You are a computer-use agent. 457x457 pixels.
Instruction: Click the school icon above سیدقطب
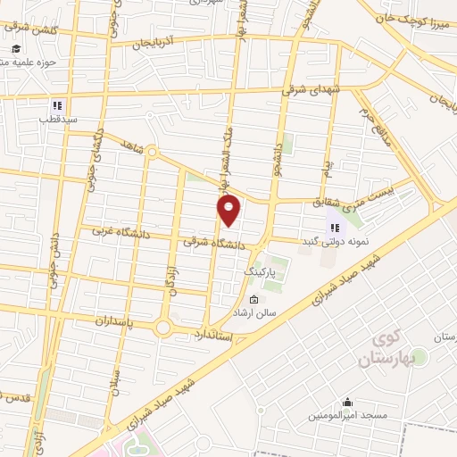pyautogui.click(x=57, y=104)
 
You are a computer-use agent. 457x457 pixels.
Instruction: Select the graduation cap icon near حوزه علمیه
pyautogui.click(x=17, y=49)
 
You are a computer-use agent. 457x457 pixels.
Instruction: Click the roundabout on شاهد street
pyautogui.click(x=152, y=153)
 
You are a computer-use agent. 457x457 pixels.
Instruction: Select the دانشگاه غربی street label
pyautogui.click(x=123, y=234)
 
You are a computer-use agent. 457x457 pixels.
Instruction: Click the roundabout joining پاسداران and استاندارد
pyautogui.click(x=162, y=328)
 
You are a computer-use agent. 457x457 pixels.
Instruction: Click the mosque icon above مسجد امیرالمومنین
pyautogui.click(x=347, y=402)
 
